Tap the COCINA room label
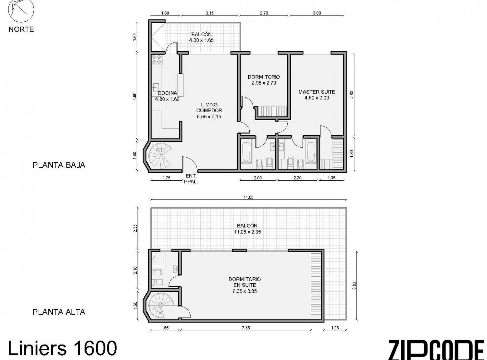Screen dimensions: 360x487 [167, 96]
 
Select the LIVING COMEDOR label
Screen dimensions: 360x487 [209, 110]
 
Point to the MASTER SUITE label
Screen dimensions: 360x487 [316, 95]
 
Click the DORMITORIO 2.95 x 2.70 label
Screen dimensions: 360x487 [263, 80]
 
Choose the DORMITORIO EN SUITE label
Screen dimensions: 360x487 [244, 285]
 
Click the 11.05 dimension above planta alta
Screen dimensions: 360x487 [248, 197]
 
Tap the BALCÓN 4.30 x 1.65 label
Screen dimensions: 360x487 [201, 37]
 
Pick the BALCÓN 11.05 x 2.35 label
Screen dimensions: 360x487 [247, 229]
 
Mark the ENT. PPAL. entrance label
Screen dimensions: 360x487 [191, 179]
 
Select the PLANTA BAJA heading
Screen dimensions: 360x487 [59, 165]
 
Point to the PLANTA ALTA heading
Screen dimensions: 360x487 [59, 312]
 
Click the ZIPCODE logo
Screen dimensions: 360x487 [436, 350]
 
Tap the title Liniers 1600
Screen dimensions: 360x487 [62, 348]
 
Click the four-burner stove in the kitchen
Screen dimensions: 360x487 [157, 60]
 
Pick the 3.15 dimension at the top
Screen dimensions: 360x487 [209, 13]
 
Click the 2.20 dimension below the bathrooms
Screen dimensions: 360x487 [297, 178]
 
